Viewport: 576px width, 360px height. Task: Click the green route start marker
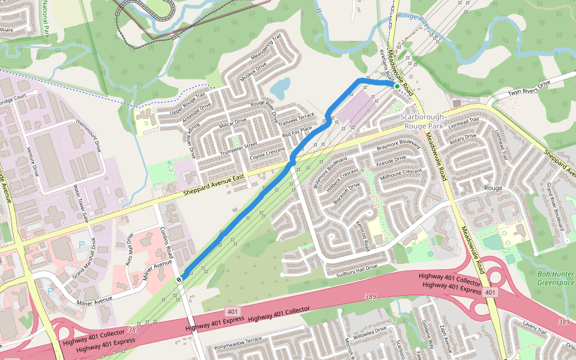(x=397, y=86)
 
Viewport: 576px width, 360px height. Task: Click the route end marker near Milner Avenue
(x=179, y=279)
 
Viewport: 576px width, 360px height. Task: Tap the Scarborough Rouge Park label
(x=422, y=121)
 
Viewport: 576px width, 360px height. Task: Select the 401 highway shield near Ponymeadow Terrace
(x=233, y=311)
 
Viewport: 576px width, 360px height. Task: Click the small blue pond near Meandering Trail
(x=280, y=89)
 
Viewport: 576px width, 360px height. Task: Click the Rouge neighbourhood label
(x=493, y=188)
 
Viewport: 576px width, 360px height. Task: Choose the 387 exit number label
(x=133, y=331)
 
